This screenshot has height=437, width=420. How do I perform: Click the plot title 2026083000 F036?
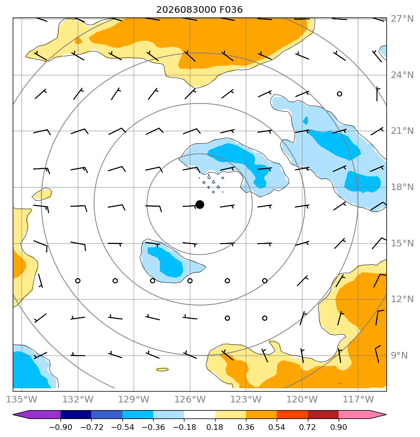(x=199, y=10)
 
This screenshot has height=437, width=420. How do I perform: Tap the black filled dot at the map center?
(x=200, y=205)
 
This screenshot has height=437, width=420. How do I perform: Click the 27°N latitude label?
(x=402, y=18)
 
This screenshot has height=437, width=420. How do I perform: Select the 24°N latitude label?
(x=402, y=75)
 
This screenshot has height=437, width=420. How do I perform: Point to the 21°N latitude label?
(x=402, y=131)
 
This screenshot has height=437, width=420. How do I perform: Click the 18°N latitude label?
(x=402, y=187)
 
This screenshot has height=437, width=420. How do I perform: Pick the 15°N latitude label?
(x=402, y=243)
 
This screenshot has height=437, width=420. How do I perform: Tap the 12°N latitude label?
(x=402, y=299)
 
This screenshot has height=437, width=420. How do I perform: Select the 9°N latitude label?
(x=399, y=355)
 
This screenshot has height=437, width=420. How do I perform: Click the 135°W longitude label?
(x=21, y=399)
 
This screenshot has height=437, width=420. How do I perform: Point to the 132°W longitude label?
(x=78, y=399)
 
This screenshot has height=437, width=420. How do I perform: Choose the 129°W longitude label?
(x=134, y=399)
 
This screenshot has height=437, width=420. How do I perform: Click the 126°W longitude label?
(x=190, y=399)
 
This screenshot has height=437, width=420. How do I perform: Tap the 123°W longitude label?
(x=246, y=399)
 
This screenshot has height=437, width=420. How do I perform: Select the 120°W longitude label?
(x=302, y=399)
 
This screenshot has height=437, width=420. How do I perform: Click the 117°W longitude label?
(x=358, y=399)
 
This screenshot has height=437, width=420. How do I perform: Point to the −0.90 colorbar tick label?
(x=61, y=427)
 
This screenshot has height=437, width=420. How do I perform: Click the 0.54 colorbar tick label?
(x=277, y=427)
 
